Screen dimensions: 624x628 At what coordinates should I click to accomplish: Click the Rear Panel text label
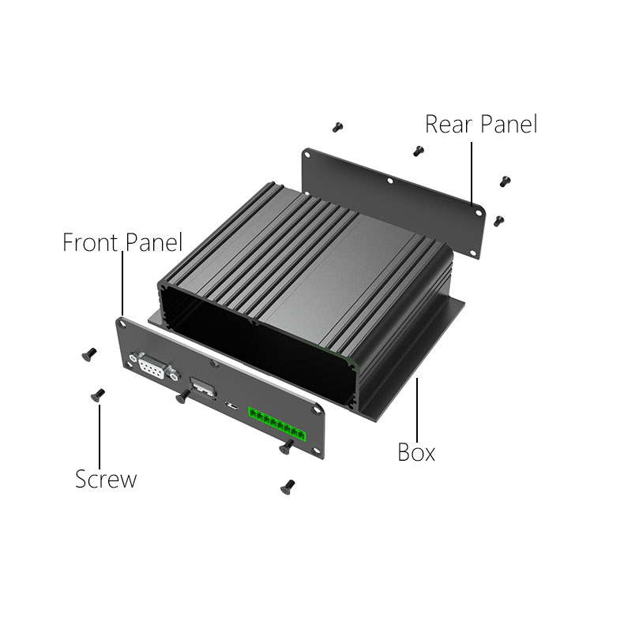481,124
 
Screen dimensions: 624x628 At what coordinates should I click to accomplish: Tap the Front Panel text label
122,242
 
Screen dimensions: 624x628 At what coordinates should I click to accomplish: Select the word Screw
106,479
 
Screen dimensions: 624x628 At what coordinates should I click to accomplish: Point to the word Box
415,453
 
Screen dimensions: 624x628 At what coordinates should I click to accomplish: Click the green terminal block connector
276,424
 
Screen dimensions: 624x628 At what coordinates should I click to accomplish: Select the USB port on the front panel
202,387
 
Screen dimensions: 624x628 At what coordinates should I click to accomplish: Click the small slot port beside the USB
231,406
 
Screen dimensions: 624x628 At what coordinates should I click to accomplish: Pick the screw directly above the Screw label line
97,395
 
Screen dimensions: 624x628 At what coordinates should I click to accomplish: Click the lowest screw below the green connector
288,487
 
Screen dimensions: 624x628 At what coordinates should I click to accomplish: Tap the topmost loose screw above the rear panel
337,127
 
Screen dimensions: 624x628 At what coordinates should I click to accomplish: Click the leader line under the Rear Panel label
472,174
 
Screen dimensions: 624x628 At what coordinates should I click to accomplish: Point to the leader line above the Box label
417,409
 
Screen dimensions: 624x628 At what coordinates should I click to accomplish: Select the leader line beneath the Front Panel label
122,283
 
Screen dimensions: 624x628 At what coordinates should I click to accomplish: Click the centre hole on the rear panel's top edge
389,181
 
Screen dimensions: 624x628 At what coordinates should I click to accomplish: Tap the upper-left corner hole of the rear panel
307,155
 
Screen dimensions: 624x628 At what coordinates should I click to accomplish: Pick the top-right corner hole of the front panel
316,409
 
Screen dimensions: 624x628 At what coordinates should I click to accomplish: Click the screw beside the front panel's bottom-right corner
287,447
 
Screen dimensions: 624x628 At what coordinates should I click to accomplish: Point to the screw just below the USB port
183,397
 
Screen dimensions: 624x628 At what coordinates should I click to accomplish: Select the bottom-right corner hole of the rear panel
473,253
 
